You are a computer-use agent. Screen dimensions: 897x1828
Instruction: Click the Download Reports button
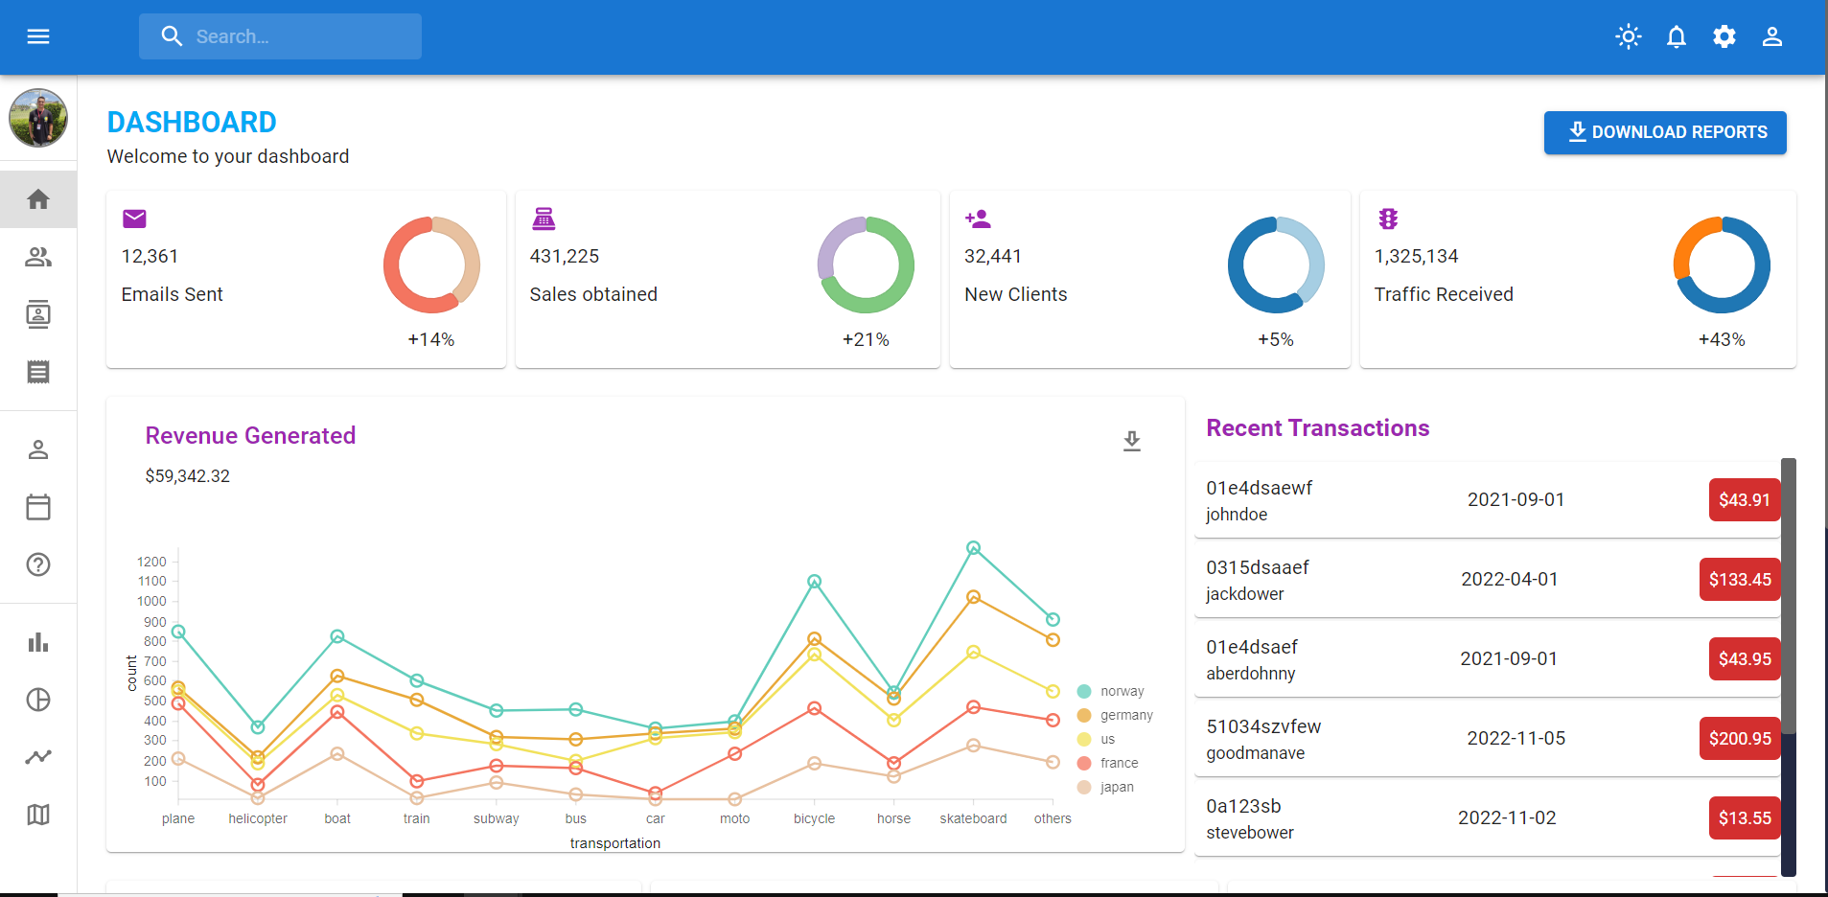(1665, 132)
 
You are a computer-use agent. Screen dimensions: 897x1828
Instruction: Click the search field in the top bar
(280, 36)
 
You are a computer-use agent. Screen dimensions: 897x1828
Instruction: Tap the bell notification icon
(1676, 36)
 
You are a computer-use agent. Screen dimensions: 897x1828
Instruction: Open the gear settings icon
(1724, 36)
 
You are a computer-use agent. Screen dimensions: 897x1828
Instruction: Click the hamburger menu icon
(38, 36)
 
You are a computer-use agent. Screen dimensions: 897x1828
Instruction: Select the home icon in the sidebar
(38, 199)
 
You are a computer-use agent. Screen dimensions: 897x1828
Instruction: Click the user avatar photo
(38, 118)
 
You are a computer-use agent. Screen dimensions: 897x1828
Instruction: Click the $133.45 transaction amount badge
(1740, 579)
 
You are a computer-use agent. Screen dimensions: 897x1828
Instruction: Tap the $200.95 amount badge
(1740, 738)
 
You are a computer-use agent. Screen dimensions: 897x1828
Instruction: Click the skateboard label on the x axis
(973, 818)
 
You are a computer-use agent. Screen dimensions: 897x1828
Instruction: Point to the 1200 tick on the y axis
(151, 562)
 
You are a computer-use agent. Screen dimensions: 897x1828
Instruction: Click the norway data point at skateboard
(973, 548)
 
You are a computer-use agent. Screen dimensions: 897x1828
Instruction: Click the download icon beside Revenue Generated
(1132, 441)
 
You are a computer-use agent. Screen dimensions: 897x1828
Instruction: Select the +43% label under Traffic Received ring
(1722, 339)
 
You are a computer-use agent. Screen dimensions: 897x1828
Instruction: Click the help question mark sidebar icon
(38, 564)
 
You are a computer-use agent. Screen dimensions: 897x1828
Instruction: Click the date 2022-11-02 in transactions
(1507, 817)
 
